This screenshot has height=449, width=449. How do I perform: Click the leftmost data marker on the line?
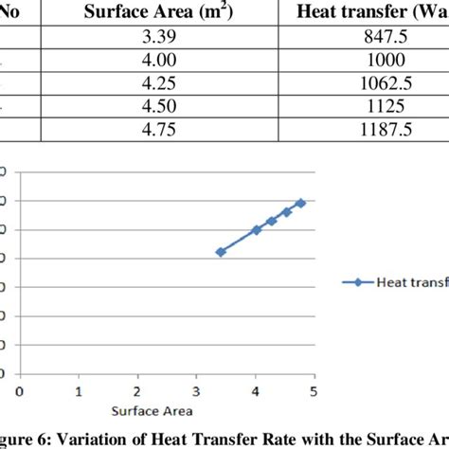pyautogui.click(x=220, y=252)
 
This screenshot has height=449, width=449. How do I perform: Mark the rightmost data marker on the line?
pyautogui.click(x=300, y=203)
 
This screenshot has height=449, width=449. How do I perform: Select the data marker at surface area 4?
pyautogui.click(x=256, y=230)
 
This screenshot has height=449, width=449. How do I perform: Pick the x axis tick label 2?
pyautogui.click(x=137, y=390)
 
